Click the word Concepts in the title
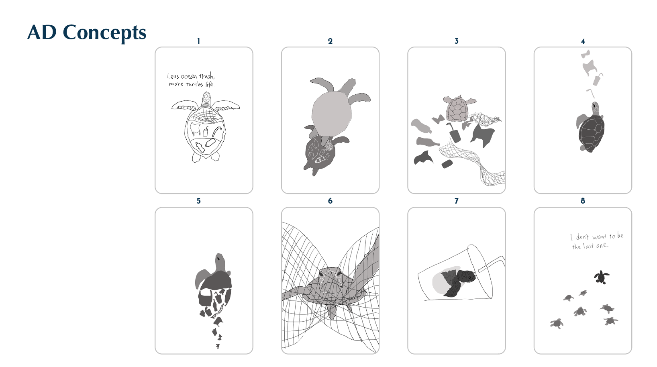point(104,33)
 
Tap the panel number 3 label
point(456,41)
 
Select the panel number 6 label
point(330,201)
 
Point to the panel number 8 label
point(583,201)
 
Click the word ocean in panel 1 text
point(189,77)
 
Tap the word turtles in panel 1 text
point(194,84)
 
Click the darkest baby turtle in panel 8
point(601,277)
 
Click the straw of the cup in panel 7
point(492,263)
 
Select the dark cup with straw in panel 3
point(454,133)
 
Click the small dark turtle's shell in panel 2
point(320,153)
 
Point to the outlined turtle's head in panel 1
point(206,99)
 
